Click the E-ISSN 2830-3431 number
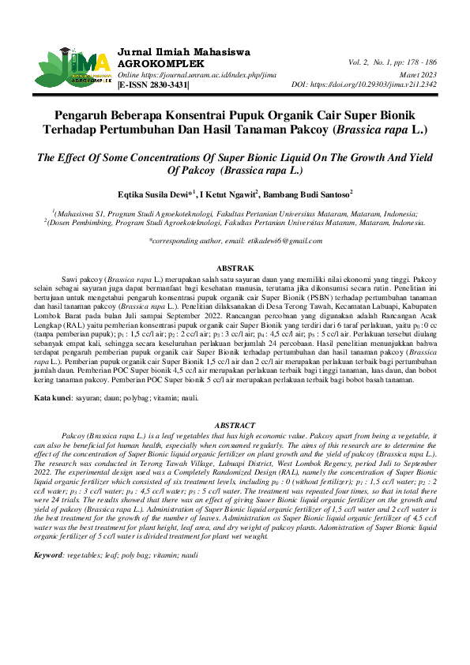coord(154,84)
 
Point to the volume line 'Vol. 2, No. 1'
coord(392,62)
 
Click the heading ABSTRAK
coord(235,269)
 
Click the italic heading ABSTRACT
coord(235,424)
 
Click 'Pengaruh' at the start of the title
coord(88,114)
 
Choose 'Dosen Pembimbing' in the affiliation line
coord(82,223)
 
